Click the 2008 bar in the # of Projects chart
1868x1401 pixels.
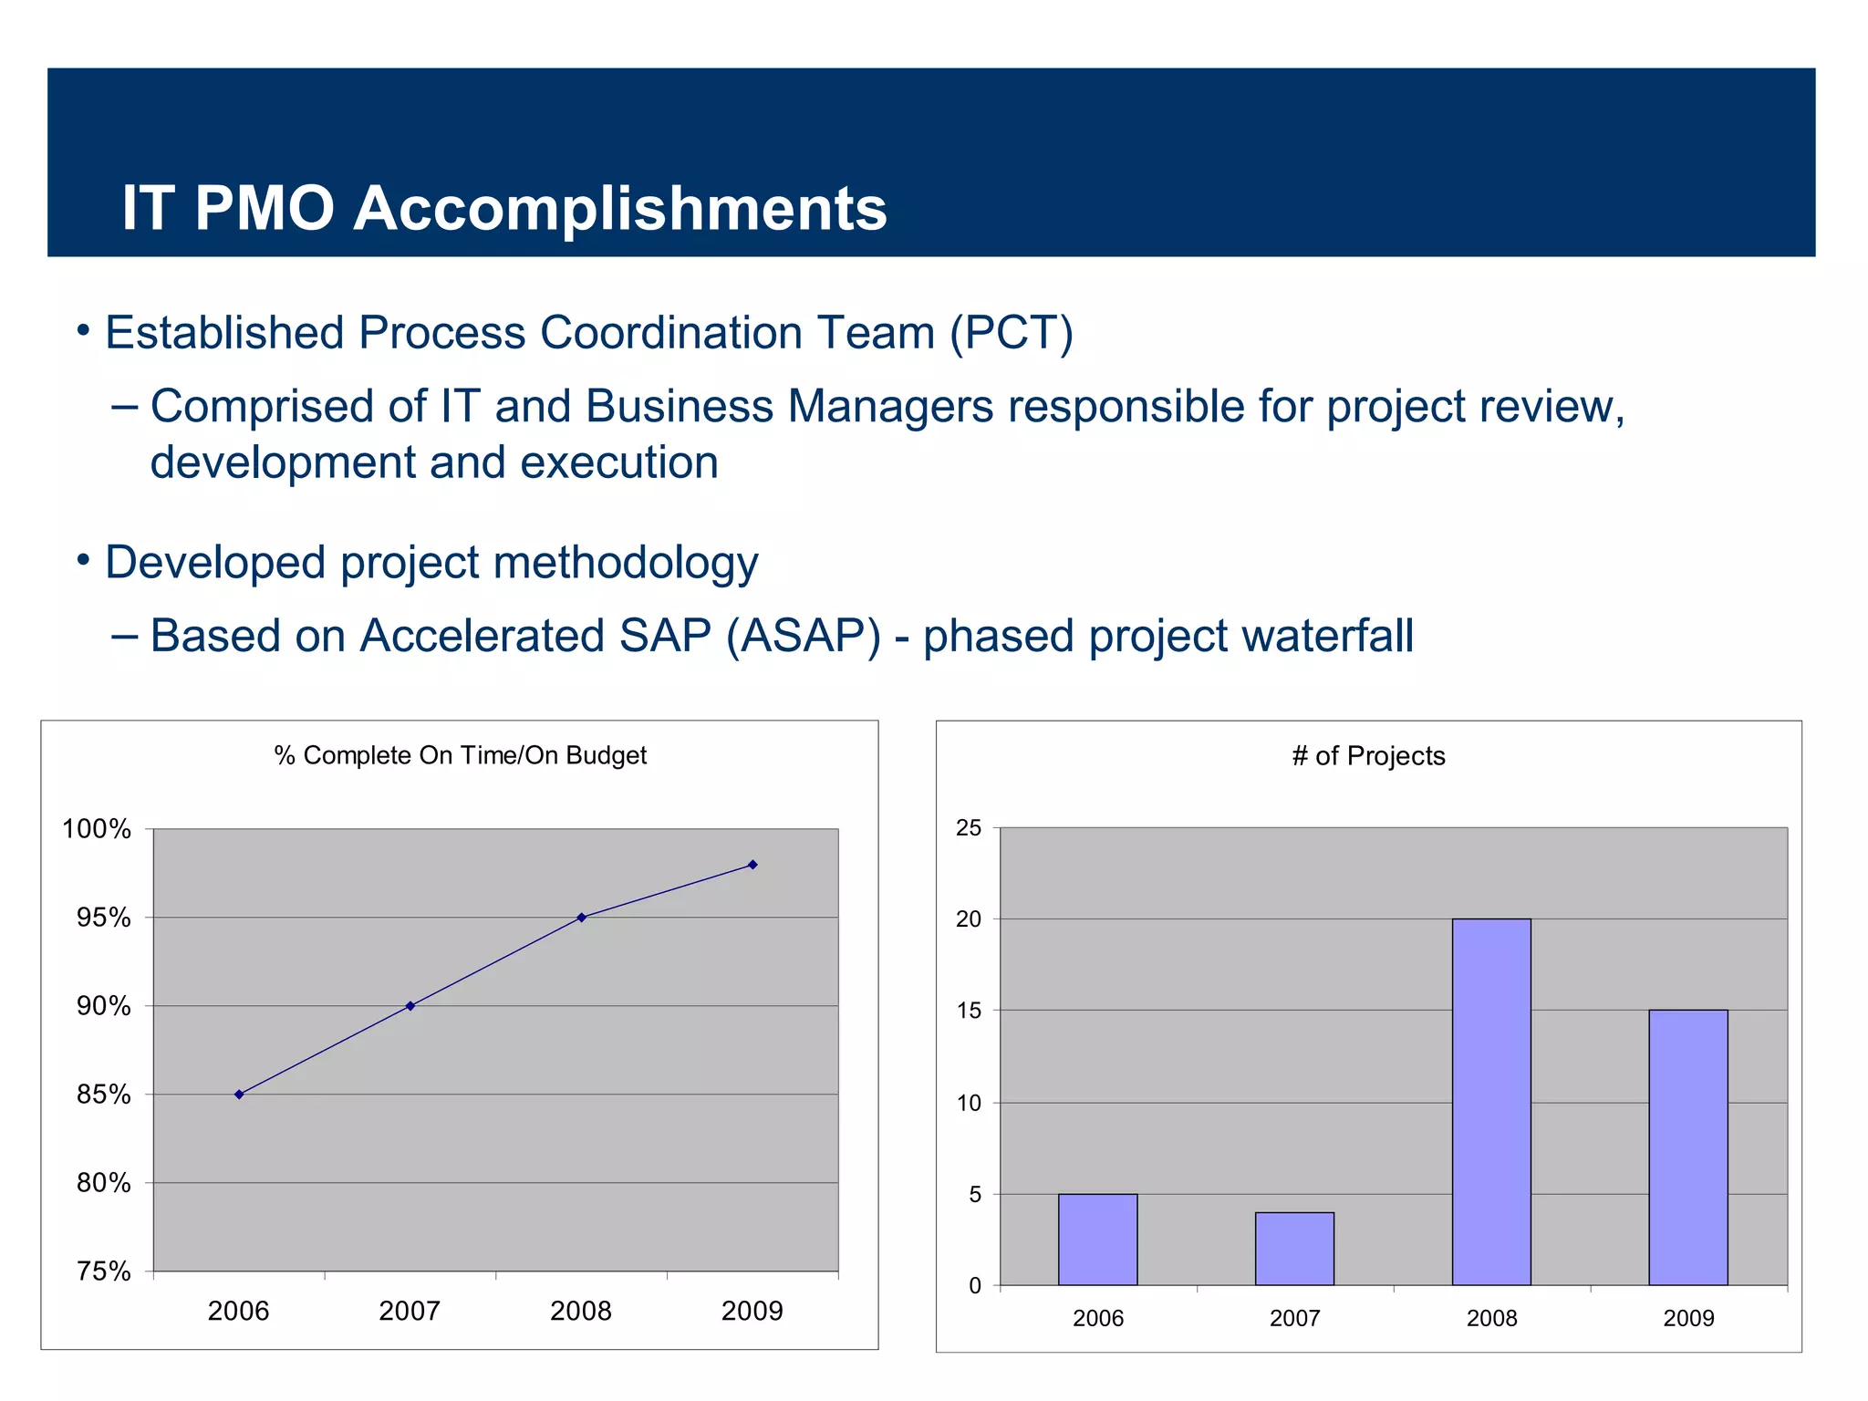(x=1491, y=1102)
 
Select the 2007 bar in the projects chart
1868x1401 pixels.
(x=1294, y=1249)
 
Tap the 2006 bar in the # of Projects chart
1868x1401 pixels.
(x=1097, y=1240)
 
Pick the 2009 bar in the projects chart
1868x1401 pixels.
(x=1688, y=1147)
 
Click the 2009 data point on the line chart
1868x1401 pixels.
(x=752, y=865)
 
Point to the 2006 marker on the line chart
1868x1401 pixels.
(x=239, y=1095)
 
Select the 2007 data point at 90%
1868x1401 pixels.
(x=410, y=1006)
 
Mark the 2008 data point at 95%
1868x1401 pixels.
(x=581, y=918)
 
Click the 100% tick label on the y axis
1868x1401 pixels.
(x=97, y=829)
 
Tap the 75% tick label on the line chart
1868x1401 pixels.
(x=104, y=1271)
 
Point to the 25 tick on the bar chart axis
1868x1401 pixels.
(x=969, y=828)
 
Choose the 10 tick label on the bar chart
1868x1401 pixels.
(x=969, y=1104)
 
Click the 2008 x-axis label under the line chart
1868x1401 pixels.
(x=581, y=1312)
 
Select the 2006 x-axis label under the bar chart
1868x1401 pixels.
(x=1097, y=1319)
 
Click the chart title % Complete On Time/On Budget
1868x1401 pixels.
(x=461, y=755)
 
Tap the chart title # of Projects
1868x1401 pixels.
(x=1368, y=756)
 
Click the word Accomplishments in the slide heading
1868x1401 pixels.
(x=620, y=209)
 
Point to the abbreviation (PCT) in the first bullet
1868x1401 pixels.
(x=1012, y=333)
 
